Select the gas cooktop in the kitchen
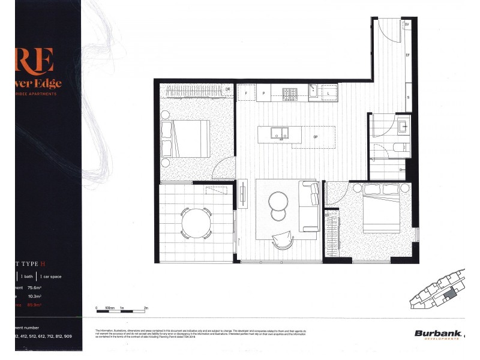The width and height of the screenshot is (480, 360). (x=290, y=93)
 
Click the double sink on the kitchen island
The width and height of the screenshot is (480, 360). (x=279, y=133)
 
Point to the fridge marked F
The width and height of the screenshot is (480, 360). (x=245, y=93)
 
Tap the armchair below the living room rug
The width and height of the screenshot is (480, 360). (x=281, y=240)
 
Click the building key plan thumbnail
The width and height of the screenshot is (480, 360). (x=439, y=294)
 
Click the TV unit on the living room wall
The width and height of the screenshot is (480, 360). (x=242, y=194)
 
